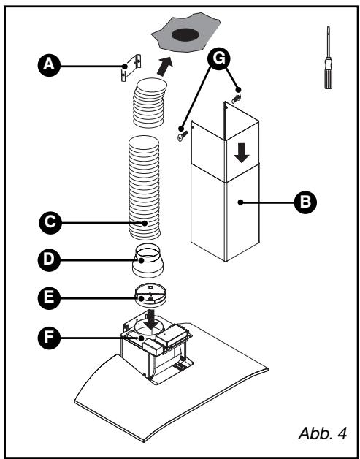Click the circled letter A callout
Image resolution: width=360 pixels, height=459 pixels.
(49, 65)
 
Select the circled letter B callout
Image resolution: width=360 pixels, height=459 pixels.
(305, 202)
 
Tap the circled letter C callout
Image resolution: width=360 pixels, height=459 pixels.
(50, 223)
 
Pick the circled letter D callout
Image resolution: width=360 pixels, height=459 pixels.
(49, 260)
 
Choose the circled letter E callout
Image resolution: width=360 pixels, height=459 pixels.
(49, 298)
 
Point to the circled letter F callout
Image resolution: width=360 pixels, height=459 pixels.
(49, 338)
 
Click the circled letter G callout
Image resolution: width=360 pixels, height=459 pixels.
(219, 58)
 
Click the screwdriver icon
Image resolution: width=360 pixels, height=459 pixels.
(329, 57)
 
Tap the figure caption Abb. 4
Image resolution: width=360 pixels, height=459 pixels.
(323, 433)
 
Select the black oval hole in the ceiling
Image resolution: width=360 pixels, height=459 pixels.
(185, 35)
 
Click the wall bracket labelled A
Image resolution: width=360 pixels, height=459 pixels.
(131, 67)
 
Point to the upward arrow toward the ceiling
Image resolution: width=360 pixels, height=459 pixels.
(164, 67)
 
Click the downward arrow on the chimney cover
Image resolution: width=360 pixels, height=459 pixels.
(242, 153)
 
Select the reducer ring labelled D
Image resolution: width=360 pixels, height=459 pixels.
(148, 261)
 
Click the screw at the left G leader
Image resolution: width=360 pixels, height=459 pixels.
(183, 135)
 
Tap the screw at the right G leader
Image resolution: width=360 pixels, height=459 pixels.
(236, 99)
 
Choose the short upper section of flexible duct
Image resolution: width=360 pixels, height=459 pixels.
(150, 102)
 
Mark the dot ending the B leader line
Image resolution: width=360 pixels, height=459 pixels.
(240, 202)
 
